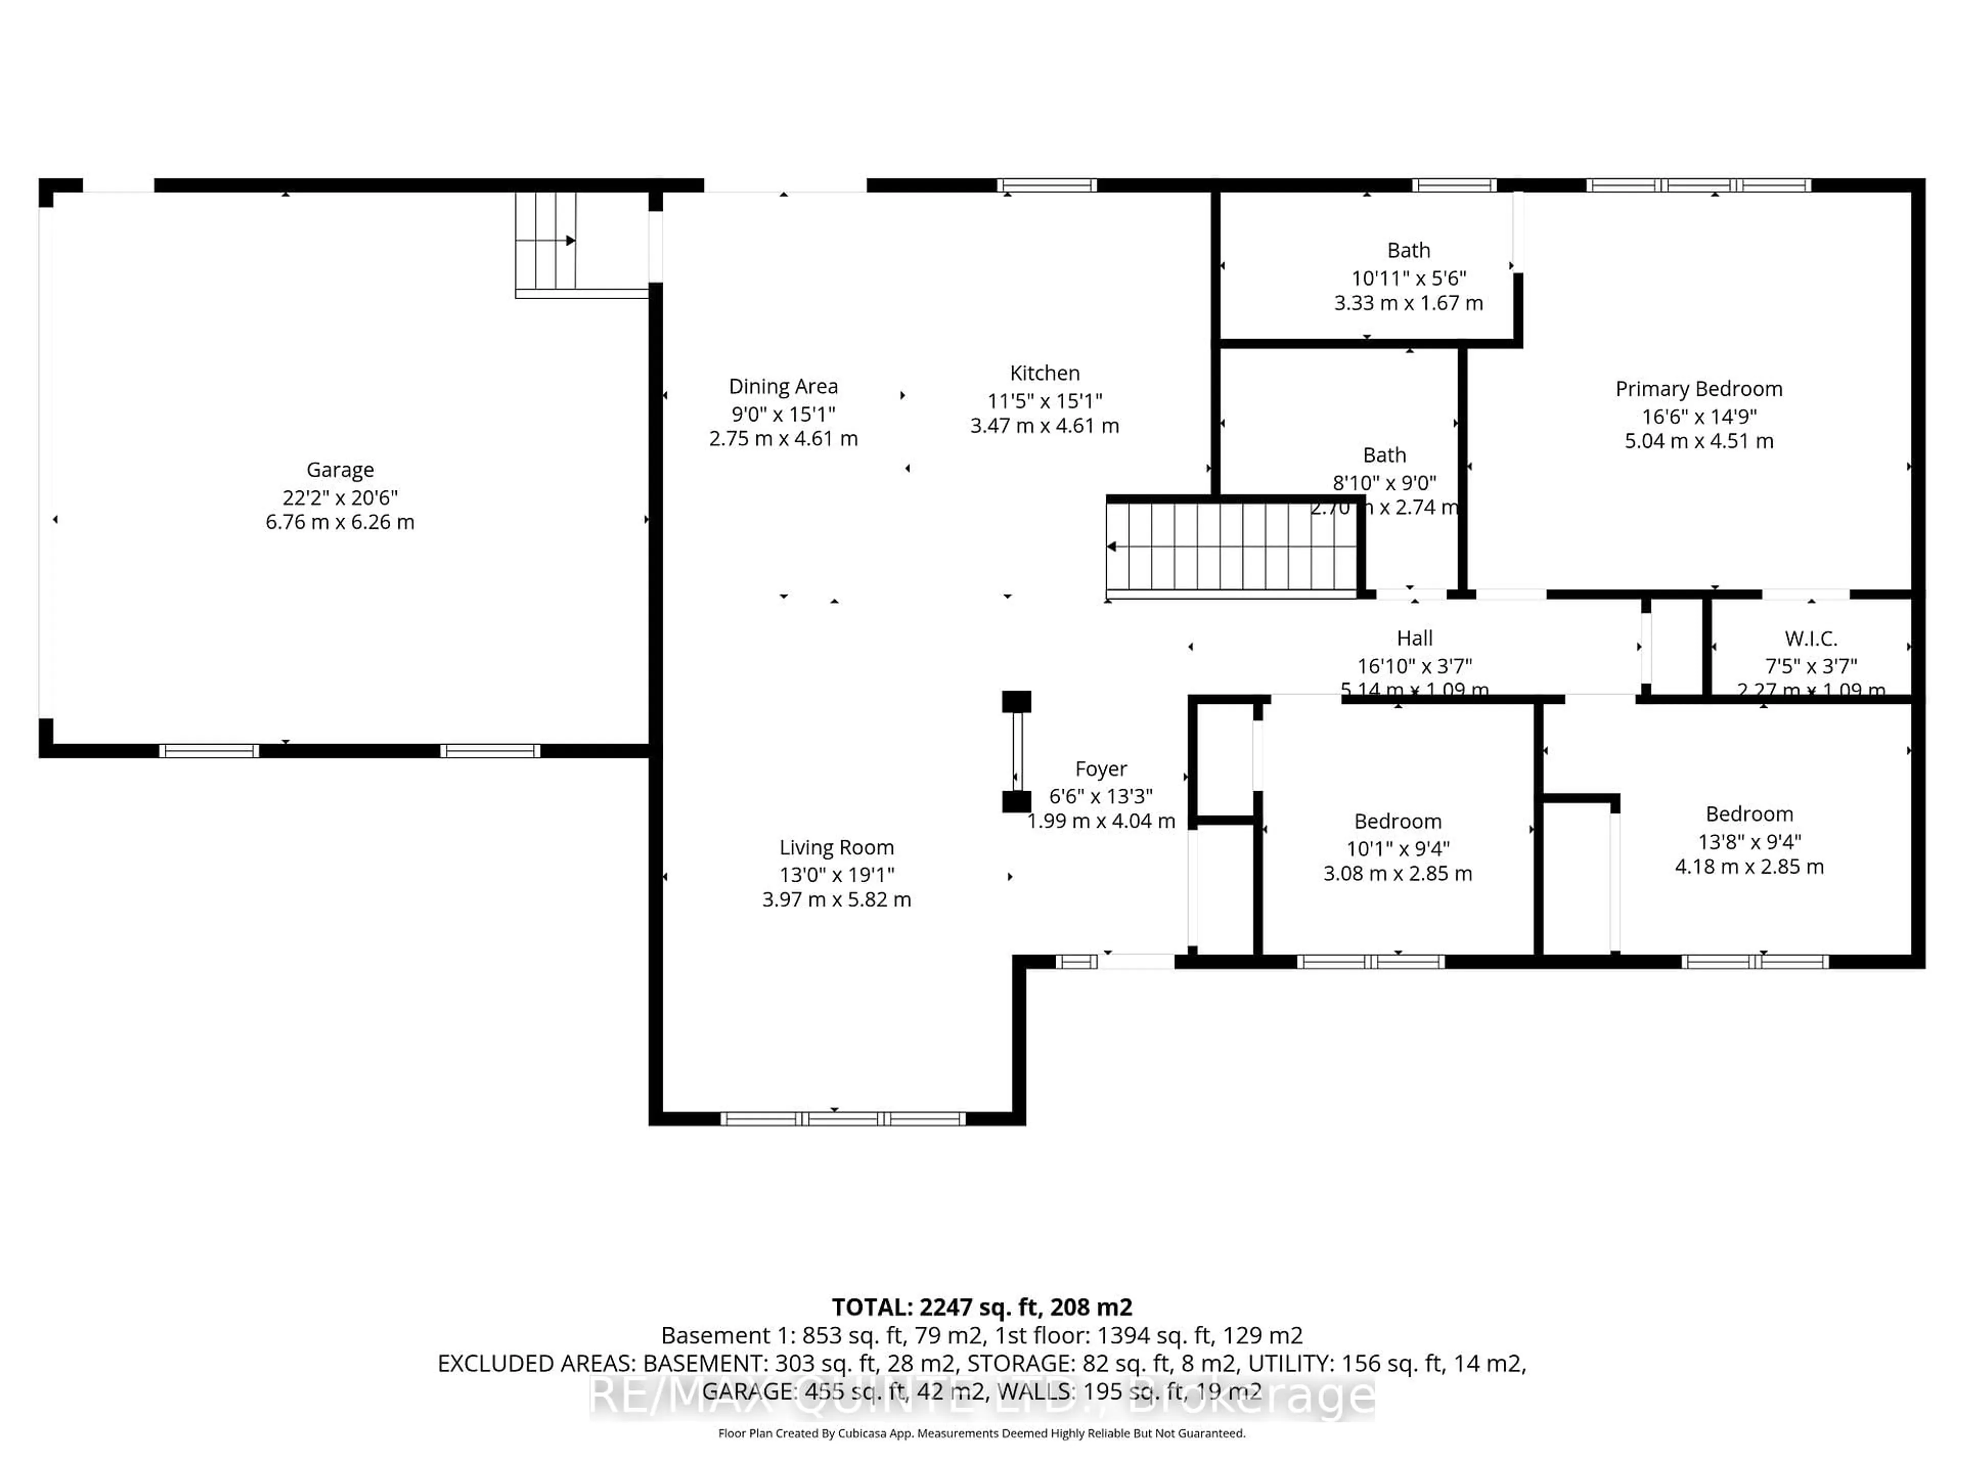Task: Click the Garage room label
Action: [340, 470]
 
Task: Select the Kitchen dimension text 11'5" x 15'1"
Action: [1044, 400]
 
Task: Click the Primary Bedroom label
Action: [1699, 389]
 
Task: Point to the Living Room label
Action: [836, 848]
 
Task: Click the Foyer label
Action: [1101, 769]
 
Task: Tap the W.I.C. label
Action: [1811, 638]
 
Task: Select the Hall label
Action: [1414, 638]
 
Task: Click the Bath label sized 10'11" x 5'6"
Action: [1408, 251]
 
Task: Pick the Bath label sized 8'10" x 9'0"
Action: [1384, 456]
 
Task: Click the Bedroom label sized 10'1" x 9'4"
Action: [1397, 821]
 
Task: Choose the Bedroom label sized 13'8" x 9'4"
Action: [1749, 814]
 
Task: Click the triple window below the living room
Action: [842, 1119]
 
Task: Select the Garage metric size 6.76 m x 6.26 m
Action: [340, 522]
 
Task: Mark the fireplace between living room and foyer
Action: [1017, 752]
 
